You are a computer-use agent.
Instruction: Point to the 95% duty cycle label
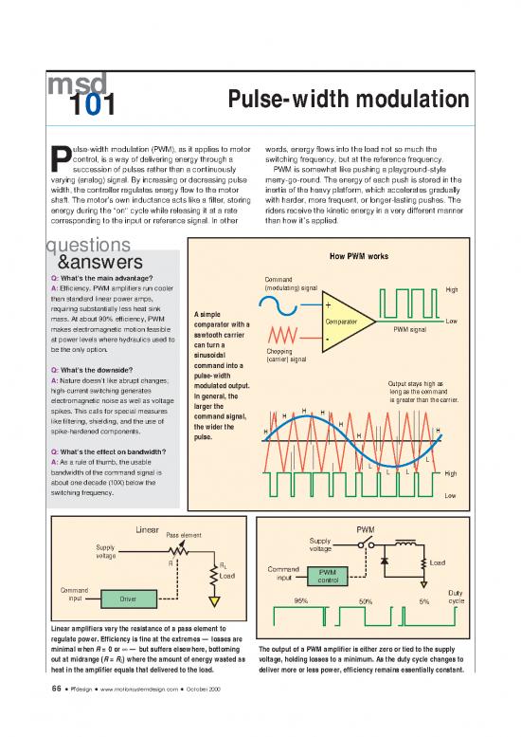[301, 600]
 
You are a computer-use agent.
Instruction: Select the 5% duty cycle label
[424, 601]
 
